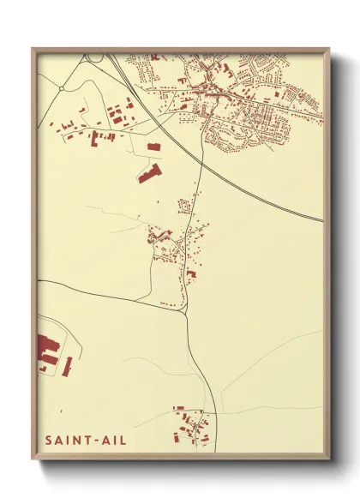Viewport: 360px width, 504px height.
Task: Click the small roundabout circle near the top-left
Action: [x=62, y=87]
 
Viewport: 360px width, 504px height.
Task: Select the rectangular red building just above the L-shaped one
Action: [x=153, y=147]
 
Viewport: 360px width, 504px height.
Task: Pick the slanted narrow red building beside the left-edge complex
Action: [x=67, y=366]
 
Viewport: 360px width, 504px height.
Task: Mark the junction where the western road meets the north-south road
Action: [x=186, y=312]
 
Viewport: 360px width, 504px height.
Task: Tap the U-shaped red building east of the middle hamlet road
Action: [x=192, y=274]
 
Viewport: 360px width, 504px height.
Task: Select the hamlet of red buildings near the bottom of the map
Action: [x=190, y=424]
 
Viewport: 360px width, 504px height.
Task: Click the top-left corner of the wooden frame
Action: [x=33, y=49]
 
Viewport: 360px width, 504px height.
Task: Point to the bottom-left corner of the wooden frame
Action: [x=33, y=460]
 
